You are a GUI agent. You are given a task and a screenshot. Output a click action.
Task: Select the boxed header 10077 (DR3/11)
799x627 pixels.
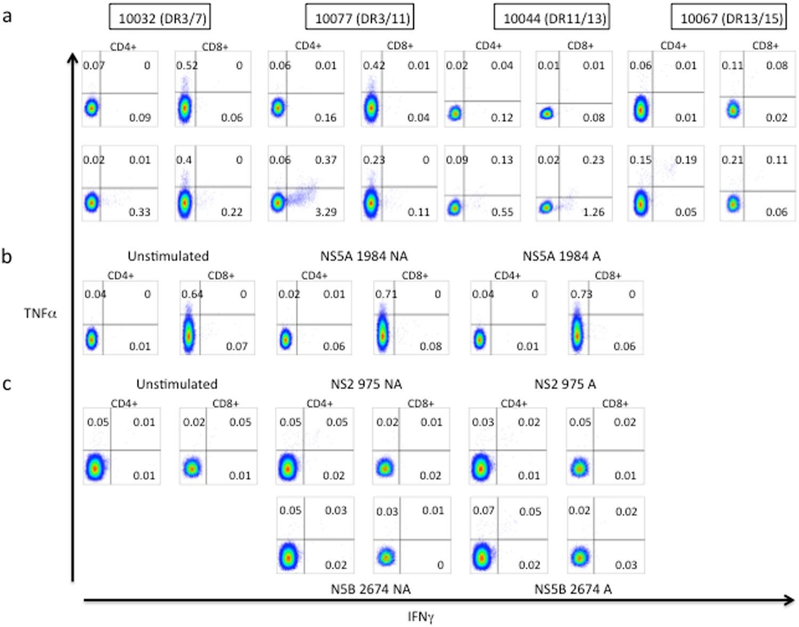360,18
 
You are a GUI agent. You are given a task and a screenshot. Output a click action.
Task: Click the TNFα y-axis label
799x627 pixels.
40,313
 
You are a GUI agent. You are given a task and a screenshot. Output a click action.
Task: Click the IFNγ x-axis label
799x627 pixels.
421,617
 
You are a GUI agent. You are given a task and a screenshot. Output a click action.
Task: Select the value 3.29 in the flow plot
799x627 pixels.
325,212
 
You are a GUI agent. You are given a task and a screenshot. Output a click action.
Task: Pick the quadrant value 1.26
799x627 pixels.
593,212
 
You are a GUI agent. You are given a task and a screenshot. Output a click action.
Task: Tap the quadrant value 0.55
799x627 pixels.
502,212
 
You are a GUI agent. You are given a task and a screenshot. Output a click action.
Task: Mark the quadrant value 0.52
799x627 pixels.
187,66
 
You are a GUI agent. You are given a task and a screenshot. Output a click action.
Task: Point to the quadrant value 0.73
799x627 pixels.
581,294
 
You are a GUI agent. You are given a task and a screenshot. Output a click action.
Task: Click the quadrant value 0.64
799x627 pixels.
192,294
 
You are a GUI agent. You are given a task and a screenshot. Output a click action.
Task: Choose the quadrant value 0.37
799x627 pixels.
325,160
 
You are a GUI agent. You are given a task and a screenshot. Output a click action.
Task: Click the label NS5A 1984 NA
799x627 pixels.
364,256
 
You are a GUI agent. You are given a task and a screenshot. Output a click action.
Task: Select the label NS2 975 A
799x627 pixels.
565,384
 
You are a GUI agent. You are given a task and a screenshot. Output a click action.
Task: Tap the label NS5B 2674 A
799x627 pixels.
573,589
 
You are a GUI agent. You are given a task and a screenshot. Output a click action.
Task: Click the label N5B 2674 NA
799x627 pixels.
370,589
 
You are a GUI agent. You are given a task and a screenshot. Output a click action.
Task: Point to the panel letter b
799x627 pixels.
7,256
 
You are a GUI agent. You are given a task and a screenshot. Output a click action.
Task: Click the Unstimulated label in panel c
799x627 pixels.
177,384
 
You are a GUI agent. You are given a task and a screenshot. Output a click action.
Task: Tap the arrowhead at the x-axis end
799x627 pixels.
789,600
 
